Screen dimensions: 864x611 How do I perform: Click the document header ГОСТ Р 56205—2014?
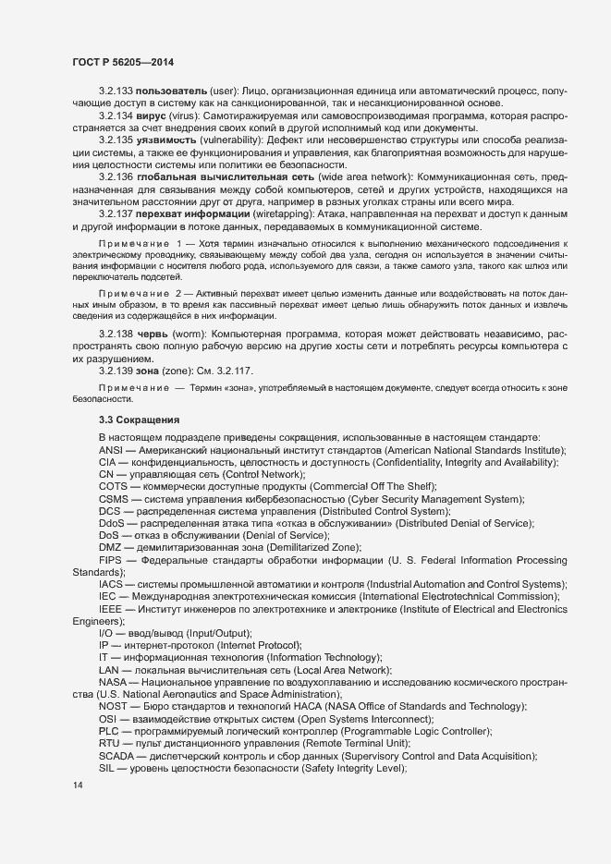click(x=122, y=62)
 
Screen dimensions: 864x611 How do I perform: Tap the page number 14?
click(x=78, y=785)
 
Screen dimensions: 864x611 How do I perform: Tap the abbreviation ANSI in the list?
click(x=112, y=449)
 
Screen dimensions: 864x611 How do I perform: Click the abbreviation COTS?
click(x=114, y=486)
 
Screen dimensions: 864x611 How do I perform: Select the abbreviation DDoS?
click(x=113, y=523)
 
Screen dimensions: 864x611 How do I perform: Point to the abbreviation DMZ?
click(x=111, y=547)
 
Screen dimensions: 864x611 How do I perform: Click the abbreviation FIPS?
click(x=112, y=560)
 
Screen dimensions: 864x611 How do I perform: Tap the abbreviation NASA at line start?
click(x=115, y=682)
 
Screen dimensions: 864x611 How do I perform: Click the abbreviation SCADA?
click(x=118, y=755)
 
